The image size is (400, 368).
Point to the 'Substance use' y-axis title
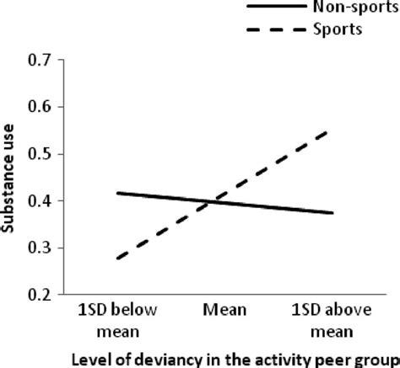pyautogui.click(x=14, y=179)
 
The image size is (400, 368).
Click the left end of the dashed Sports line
pyautogui.click(x=116, y=259)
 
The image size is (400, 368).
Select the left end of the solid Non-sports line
pyautogui.click(x=116, y=193)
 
